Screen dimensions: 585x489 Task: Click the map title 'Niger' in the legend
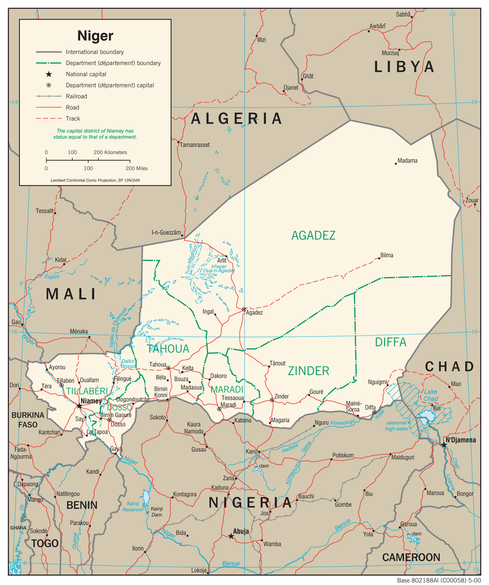point(95,36)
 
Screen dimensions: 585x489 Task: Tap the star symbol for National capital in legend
point(49,74)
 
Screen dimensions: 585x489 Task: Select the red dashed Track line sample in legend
point(49,119)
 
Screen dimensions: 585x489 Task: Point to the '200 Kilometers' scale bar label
point(110,152)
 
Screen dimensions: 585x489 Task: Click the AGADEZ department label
point(313,236)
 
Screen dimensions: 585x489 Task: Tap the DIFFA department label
point(390,342)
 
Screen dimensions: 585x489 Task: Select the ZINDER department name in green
point(309,371)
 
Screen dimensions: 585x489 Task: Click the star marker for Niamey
point(79,406)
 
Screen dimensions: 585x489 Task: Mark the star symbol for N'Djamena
point(444,445)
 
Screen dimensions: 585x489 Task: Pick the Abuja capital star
point(231,536)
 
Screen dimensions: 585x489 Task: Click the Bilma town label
point(387,255)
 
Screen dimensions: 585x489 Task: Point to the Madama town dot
point(396,164)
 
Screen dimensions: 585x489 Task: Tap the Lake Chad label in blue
point(431,395)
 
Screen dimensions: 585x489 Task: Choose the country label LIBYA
point(404,67)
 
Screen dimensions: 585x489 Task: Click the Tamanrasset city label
point(194,145)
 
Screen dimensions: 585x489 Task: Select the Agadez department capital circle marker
point(244,309)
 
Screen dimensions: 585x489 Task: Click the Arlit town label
point(222,260)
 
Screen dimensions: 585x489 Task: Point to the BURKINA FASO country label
point(28,420)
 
